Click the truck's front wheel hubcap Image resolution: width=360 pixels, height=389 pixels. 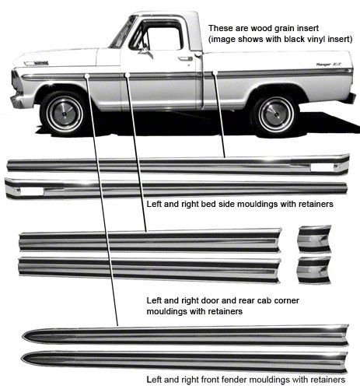65,114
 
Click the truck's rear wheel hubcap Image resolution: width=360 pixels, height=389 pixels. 275,115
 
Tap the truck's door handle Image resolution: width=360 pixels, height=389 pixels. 186,58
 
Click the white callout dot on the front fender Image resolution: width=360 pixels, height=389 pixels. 87,75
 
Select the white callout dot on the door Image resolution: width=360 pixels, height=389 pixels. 128,75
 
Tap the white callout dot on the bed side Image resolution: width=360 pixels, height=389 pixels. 215,73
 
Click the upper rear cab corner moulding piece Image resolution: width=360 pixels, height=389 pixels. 315,239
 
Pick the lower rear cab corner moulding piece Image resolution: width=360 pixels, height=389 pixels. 315,270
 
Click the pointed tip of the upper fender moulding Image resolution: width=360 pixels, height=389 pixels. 23,336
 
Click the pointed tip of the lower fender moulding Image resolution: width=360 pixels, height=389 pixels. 22,359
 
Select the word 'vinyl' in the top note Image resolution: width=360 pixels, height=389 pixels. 311,40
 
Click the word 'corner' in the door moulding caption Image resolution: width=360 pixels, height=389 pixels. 285,300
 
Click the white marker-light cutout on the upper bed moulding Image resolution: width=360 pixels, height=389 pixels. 322,167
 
